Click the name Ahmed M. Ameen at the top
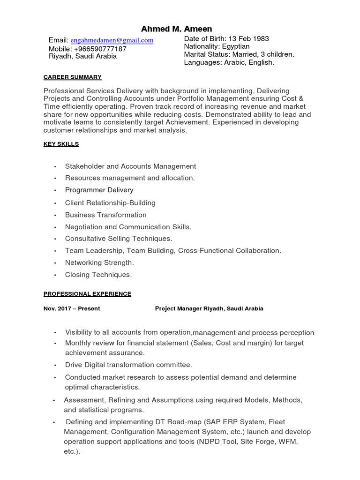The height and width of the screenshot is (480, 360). point(176,29)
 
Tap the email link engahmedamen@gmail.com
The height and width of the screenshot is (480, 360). point(112,40)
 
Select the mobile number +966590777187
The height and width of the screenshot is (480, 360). point(100,49)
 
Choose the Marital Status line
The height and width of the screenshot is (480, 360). point(239,54)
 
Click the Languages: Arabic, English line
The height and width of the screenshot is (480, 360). point(229,62)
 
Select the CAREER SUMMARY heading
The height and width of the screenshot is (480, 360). point(72,77)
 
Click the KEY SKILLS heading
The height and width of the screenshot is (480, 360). point(61,144)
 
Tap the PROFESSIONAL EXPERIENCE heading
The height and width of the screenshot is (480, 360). point(87,294)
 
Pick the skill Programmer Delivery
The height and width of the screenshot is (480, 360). point(99,190)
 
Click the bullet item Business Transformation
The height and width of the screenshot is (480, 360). point(105,215)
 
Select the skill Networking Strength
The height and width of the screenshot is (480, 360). point(99,262)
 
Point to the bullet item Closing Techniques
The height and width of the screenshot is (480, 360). point(98,275)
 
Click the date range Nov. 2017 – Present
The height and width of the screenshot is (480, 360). point(72,308)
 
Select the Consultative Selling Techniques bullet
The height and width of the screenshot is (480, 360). point(119,239)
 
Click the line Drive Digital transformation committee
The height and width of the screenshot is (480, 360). point(128,365)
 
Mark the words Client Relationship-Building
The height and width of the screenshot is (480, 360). point(110,203)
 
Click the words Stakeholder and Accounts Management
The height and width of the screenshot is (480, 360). point(130,166)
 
